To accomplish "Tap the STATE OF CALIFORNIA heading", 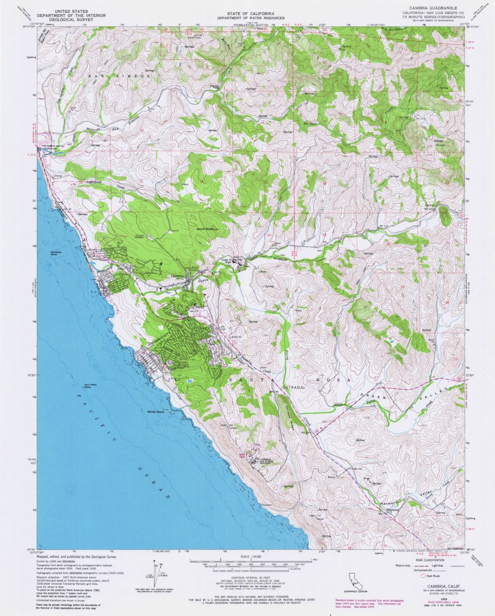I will [x=247, y=13].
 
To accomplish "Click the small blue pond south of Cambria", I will [x=190, y=382].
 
